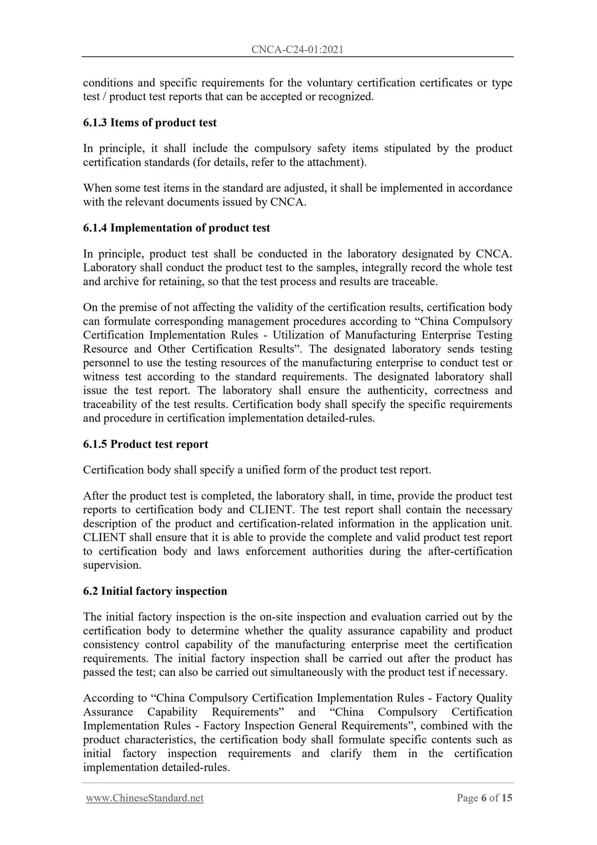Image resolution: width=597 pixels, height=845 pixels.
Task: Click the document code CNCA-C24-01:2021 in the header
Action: coord(297,50)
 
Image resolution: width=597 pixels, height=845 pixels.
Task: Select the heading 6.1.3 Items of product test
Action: coord(150,123)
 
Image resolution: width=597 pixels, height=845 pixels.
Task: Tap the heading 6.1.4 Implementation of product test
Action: coord(176,228)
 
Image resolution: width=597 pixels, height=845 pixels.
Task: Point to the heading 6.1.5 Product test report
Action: coord(145,444)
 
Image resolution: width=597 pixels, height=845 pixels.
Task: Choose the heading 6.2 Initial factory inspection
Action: coord(155,591)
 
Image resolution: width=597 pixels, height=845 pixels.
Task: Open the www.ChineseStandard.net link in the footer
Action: coord(145,797)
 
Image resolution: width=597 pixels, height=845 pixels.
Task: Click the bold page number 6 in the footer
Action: coord(484,797)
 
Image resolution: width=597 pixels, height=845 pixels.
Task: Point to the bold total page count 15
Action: coord(507,797)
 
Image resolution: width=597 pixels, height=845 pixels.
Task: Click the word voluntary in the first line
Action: coord(329,83)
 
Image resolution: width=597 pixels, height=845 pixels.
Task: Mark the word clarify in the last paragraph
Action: coord(346,753)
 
